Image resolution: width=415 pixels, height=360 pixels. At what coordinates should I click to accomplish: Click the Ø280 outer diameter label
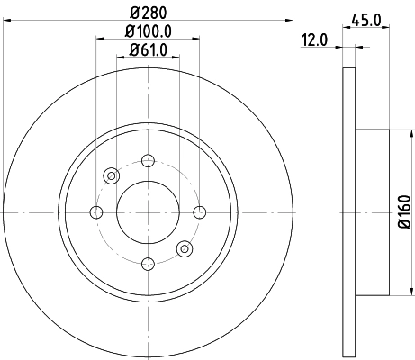[x=148, y=13]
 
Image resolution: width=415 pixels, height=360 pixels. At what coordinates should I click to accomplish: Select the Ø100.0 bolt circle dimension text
[x=148, y=31]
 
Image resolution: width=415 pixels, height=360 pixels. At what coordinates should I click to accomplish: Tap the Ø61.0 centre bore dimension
[x=148, y=49]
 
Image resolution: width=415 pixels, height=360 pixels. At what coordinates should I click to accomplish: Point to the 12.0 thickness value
[x=312, y=40]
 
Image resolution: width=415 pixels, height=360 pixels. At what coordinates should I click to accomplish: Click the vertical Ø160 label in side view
[x=405, y=211]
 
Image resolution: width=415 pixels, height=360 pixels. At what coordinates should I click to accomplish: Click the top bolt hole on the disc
[x=148, y=162]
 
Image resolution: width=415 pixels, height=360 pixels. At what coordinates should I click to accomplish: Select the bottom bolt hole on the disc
[x=148, y=263]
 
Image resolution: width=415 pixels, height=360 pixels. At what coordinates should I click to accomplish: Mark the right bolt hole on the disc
[x=199, y=212]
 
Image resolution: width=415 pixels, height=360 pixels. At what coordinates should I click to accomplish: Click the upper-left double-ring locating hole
[x=112, y=176]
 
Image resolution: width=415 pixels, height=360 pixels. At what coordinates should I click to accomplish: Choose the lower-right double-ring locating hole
[x=185, y=248]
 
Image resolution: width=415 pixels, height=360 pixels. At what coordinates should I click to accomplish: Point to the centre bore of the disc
[x=148, y=212]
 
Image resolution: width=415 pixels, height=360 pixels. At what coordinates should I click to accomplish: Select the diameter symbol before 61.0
[x=131, y=49]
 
